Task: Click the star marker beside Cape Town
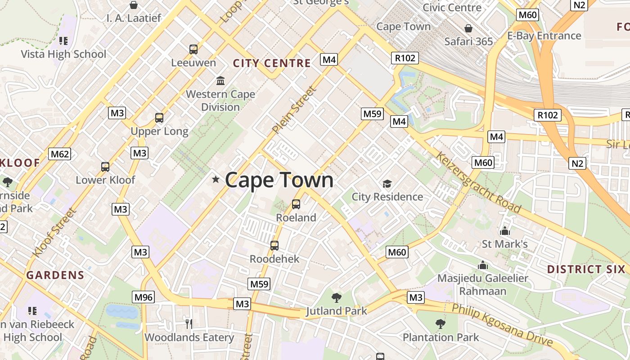(x=216, y=180)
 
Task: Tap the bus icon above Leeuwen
(x=193, y=49)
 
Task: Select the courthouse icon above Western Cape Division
(x=220, y=81)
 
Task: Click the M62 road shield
(x=60, y=154)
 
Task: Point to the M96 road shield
(x=144, y=297)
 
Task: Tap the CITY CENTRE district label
(x=272, y=63)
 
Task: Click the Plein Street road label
(x=294, y=110)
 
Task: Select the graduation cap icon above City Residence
(x=387, y=184)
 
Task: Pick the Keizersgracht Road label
(x=478, y=182)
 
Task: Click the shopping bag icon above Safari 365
(x=468, y=28)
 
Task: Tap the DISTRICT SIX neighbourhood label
(x=586, y=270)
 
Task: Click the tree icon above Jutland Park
(x=336, y=297)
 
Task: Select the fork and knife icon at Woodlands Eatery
(x=189, y=323)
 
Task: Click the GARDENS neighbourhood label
(x=55, y=275)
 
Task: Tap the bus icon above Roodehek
(x=274, y=246)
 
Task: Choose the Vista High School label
(x=63, y=54)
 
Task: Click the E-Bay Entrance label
(x=544, y=36)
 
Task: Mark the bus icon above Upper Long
(x=159, y=118)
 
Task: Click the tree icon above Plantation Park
(x=441, y=324)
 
